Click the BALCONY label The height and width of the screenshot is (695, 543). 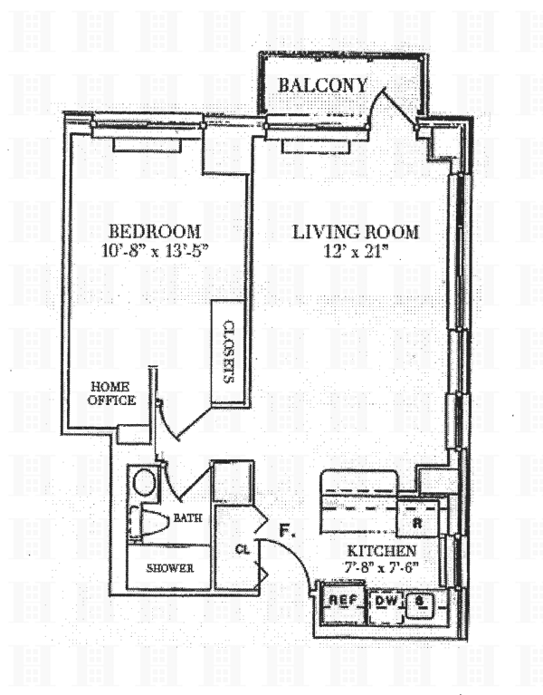pyautogui.click(x=323, y=85)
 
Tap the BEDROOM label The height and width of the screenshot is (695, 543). pyautogui.click(x=154, y=231)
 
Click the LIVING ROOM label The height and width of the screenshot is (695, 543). pyautogui.click(x=356, y=232)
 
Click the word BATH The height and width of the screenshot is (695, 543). pyautogui.click(x=187, y=518)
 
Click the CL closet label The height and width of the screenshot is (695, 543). pyautogui.click(x=242, y=549)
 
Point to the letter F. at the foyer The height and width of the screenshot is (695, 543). pyautogui.click(x=288, y=531)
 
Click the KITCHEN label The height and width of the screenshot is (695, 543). pyautogui.click(x=381, y=551)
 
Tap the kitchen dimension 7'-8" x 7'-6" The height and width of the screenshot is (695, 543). pyautogui.click(x=381, y=568)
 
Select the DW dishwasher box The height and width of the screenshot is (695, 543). pyautogui.click(x=385, y=601)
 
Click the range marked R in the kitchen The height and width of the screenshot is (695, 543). pyautogui.click(x=419, y=523)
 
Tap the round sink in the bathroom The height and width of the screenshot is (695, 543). pyautogui.click(x=143, y=481)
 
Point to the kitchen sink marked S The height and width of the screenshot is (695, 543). pyautogui.click(x=420, y=602)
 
